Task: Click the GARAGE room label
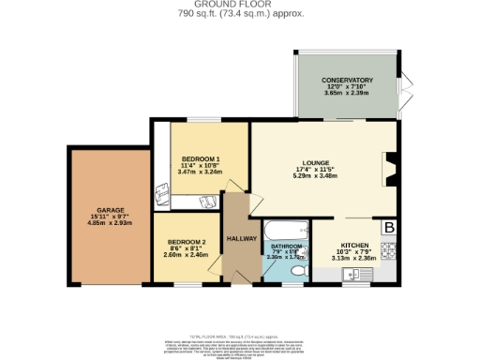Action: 102,210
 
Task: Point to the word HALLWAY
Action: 243,239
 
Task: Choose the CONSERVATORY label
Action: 348,81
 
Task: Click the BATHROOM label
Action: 287,247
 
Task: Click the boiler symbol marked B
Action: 389,226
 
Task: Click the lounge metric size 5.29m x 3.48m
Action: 315,176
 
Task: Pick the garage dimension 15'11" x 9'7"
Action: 103,217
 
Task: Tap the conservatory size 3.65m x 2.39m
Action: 348,95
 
